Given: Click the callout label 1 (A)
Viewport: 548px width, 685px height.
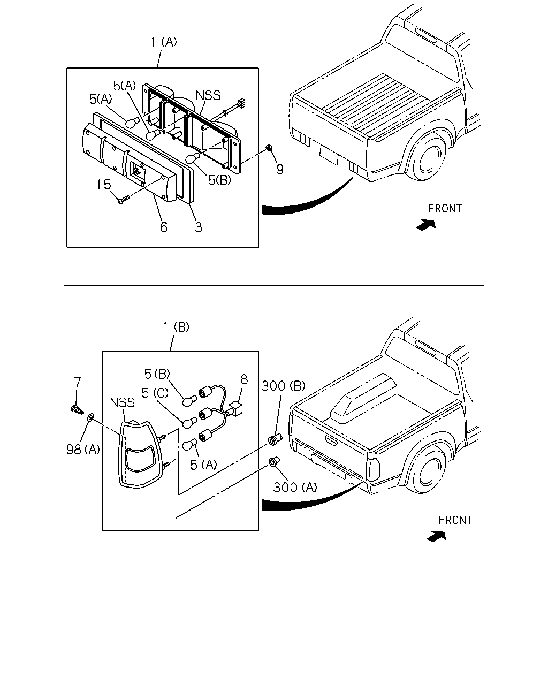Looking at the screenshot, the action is [164, 42].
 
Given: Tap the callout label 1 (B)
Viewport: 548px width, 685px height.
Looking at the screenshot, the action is [176, 327].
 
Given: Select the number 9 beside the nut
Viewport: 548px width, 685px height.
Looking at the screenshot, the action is [280, 169].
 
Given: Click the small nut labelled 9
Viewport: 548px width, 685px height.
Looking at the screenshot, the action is [269, 148].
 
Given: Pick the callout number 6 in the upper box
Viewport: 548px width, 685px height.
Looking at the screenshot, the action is [164, 227].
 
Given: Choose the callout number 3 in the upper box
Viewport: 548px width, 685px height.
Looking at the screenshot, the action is [199, 227].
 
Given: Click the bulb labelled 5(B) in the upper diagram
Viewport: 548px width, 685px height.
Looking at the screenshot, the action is [193, 157].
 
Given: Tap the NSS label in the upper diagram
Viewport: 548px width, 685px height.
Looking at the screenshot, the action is [208, 95].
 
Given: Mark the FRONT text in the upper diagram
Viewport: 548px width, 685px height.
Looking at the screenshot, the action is [445, 209].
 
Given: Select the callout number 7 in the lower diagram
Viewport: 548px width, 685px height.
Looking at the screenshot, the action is [78, 382].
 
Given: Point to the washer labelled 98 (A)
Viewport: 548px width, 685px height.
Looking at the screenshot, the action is [90, 417].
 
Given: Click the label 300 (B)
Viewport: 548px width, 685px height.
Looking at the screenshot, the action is [284, 386].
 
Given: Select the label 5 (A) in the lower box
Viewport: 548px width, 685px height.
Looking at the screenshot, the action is [203, 465].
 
